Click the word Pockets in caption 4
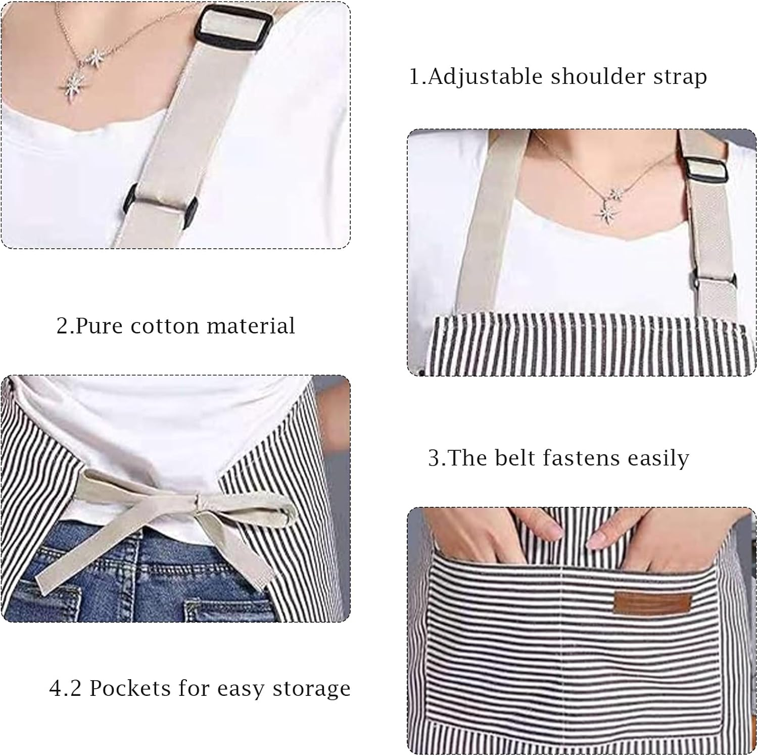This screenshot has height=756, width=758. (130, 688)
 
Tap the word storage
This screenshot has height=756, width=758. (311, 689)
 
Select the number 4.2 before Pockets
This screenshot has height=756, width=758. (65, 688)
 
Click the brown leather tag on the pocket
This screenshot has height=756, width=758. (652, 605)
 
